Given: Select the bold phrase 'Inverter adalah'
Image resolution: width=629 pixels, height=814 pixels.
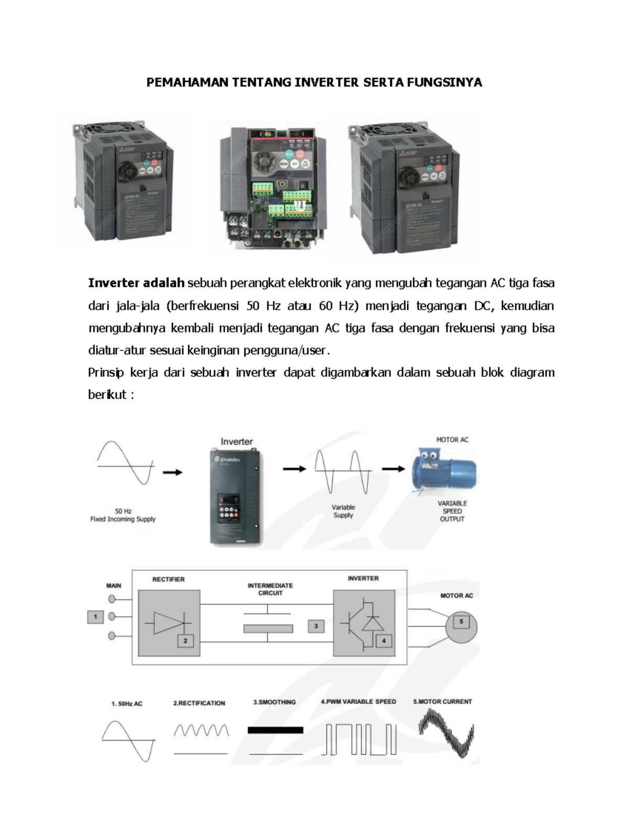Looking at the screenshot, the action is tap(136, 283).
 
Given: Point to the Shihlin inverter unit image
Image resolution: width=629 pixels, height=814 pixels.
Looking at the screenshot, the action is tap(236, 496).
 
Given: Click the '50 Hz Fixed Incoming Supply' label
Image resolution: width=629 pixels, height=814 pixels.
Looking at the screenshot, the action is tap(123, 515).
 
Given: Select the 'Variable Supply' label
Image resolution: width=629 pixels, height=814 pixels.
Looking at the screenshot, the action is tap(343, 511).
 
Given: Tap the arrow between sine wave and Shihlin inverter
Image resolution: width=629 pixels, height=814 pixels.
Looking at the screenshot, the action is tap(172, 472).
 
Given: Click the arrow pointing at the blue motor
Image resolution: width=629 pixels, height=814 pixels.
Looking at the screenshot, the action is tap(393, 469).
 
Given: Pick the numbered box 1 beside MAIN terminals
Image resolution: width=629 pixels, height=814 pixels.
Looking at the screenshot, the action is tap(95, 617).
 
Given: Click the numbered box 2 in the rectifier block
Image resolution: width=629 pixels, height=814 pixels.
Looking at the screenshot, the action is tap(185, 641).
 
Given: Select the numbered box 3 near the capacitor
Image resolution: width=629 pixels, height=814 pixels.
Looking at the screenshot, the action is tap(316, 626).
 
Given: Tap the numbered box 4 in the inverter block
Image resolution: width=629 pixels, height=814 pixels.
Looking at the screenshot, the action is tap(383, 641).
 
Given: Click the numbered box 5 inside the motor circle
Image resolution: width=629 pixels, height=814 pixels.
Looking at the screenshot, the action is tap(461, 622).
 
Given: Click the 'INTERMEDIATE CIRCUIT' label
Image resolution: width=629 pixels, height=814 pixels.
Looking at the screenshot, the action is tap(270, 589).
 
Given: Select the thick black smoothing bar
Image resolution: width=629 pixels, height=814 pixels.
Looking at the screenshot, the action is tap(275, 730).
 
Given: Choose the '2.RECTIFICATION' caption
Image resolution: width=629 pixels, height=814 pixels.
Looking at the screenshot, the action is tap(199, 703).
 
